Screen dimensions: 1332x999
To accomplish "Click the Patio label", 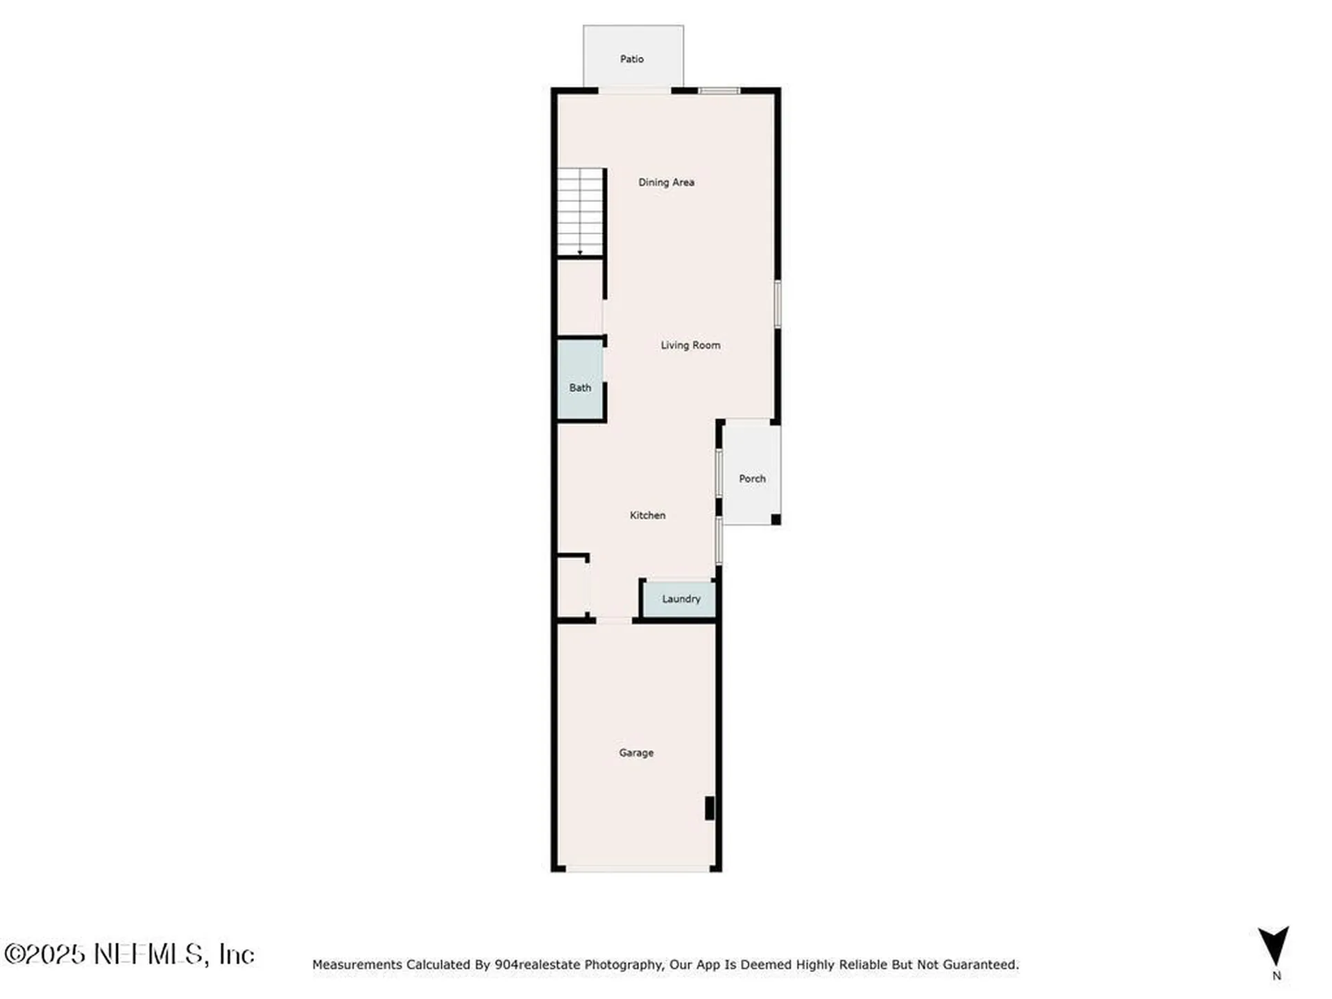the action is tap(631, 59).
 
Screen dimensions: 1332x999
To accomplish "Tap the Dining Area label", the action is tap(666, 182).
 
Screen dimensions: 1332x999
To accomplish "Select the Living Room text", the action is tap(690, 345).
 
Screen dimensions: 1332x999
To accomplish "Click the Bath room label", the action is tap(580, 388).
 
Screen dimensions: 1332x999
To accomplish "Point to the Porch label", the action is tap(752, 479).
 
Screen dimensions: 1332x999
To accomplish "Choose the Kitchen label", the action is tap(647, 515).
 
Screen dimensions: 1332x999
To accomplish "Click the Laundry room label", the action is tap(681, 599).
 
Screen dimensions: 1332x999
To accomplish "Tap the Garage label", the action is tap(636, 753).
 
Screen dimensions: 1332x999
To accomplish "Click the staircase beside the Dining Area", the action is tap(581, 212).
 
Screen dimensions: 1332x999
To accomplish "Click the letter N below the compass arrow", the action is tap(1276, 975).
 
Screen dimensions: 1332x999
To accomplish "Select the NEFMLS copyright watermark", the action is tap(129, 954).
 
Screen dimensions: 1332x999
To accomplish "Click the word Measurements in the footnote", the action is tap(357, 964).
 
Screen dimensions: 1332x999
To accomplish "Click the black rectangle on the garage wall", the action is tap(710, 808).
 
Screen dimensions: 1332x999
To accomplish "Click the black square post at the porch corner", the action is tap(776, 520).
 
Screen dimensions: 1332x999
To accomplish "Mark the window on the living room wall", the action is tap(778, 304).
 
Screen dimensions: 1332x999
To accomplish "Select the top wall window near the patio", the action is tap(719, 91).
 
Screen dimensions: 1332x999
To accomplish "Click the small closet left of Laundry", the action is tap(573, 587).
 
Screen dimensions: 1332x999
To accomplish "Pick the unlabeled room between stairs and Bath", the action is tap(580, 298).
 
